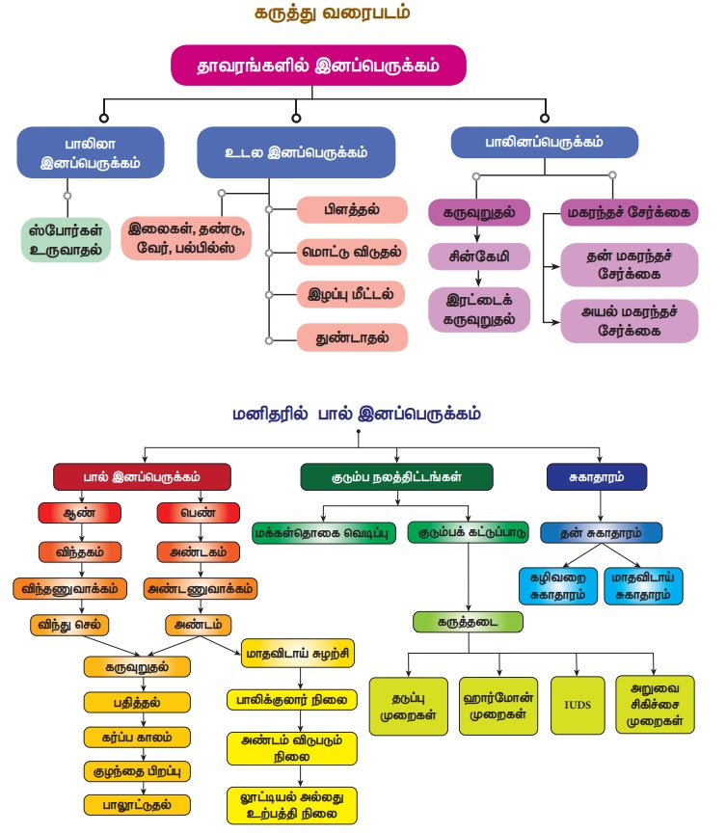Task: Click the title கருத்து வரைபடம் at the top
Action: [363, 14]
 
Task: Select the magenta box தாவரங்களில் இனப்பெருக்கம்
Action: [318, 66]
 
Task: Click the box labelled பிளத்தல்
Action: [351, 208]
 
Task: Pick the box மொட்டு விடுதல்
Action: [351, 252]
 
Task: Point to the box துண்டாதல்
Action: [351, 337]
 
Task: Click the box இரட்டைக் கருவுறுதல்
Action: [479, 308]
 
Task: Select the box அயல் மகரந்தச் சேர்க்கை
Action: [629, 320]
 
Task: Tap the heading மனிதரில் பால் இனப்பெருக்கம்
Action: [357, 415]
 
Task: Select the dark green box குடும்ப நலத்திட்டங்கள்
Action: [396, 476]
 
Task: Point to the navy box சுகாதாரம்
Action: [596, 476]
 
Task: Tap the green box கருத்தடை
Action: [467, 622]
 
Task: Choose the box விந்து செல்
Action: [80, 624]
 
